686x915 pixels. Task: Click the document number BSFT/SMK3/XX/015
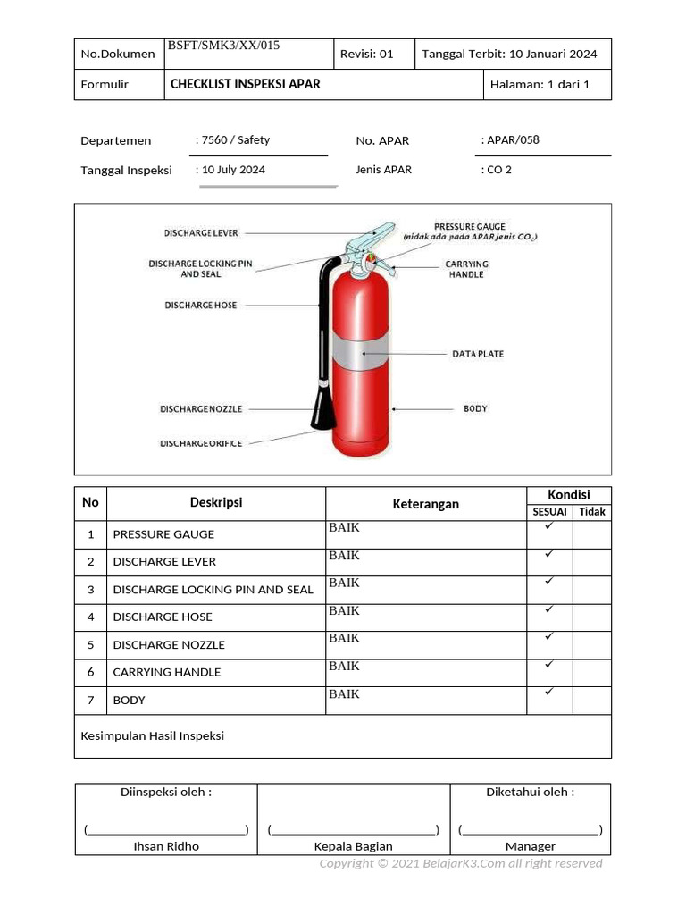coord(224,46)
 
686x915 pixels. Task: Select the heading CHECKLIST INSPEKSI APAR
coord(245,84)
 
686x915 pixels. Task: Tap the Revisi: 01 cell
coord(367,54)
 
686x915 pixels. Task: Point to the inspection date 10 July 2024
coord(233,169)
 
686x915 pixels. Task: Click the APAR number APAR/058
coord(512,139)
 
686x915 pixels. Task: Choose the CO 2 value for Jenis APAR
coord(498,169)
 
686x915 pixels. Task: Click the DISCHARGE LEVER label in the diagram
coord(201,232)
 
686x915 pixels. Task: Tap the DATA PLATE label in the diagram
coord(478,354)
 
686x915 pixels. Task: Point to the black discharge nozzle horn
coord(320,407)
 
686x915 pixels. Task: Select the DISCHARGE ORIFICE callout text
coord(201,443)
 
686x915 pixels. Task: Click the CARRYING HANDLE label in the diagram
coord(467,269)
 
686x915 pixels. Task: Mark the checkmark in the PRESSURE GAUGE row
coord(549,526)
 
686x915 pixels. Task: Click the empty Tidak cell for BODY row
coord(591,700)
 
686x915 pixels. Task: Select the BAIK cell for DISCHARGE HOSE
coord(344,611)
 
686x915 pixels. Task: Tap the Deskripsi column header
coord(215,502)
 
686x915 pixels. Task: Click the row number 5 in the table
coord(90,644)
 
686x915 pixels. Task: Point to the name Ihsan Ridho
coord(166,845)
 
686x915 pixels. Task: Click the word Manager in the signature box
coord(530,845)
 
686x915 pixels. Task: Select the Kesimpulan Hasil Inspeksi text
coord(153,735)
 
